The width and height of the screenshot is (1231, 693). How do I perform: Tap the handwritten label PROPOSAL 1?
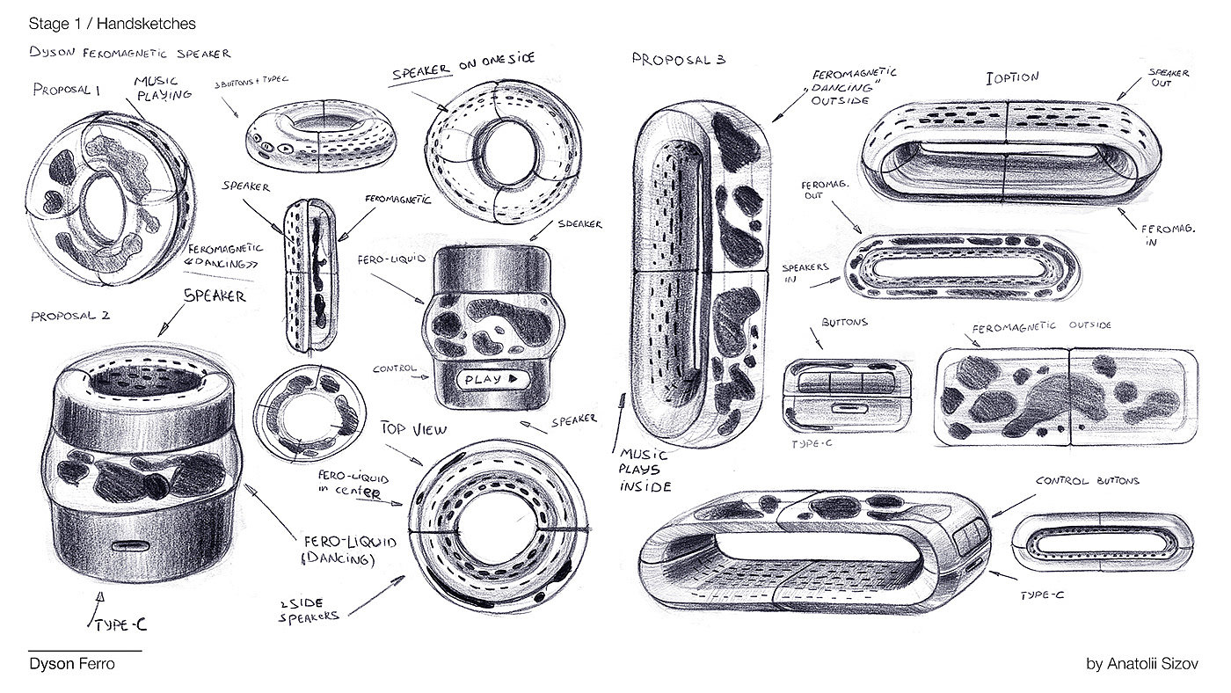[69, 89]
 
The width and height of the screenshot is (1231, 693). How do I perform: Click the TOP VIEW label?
[413, 430]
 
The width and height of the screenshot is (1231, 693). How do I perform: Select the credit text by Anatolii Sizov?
[1141, 664]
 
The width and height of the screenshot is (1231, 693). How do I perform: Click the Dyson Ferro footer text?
[71, 664]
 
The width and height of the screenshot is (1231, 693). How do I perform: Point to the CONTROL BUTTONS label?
[1087, 481]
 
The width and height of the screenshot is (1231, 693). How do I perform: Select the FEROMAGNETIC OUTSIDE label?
[1041, 326]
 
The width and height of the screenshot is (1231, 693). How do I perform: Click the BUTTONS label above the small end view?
[843, 323]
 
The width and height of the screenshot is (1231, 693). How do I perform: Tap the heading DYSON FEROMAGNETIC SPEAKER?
[129, 54]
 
